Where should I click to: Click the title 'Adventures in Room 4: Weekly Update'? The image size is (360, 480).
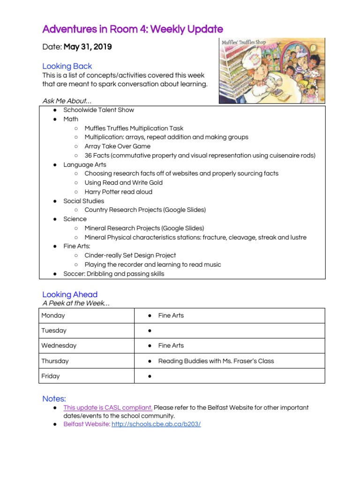133,29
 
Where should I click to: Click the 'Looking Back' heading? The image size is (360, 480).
67,66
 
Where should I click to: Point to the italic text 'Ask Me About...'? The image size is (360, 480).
67,101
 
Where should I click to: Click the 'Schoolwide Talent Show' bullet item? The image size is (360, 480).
98,110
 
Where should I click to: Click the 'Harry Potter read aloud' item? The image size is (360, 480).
118,192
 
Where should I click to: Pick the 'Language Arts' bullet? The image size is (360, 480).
85,165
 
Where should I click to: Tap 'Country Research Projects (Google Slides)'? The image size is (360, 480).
145,210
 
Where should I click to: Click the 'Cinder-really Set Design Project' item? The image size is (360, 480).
130,255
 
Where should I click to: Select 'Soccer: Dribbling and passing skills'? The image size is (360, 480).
114,274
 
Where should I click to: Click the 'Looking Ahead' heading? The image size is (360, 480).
70,294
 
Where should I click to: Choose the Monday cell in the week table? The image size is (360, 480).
53,315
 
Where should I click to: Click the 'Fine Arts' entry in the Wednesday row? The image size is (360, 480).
171,345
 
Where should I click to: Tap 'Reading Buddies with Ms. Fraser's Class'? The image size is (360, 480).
216,361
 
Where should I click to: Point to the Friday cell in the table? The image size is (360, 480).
51,376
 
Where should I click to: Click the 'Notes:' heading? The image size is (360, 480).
54,398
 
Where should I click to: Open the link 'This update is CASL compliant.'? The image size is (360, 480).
108,408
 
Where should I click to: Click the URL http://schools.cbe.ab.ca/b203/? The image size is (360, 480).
156,424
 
